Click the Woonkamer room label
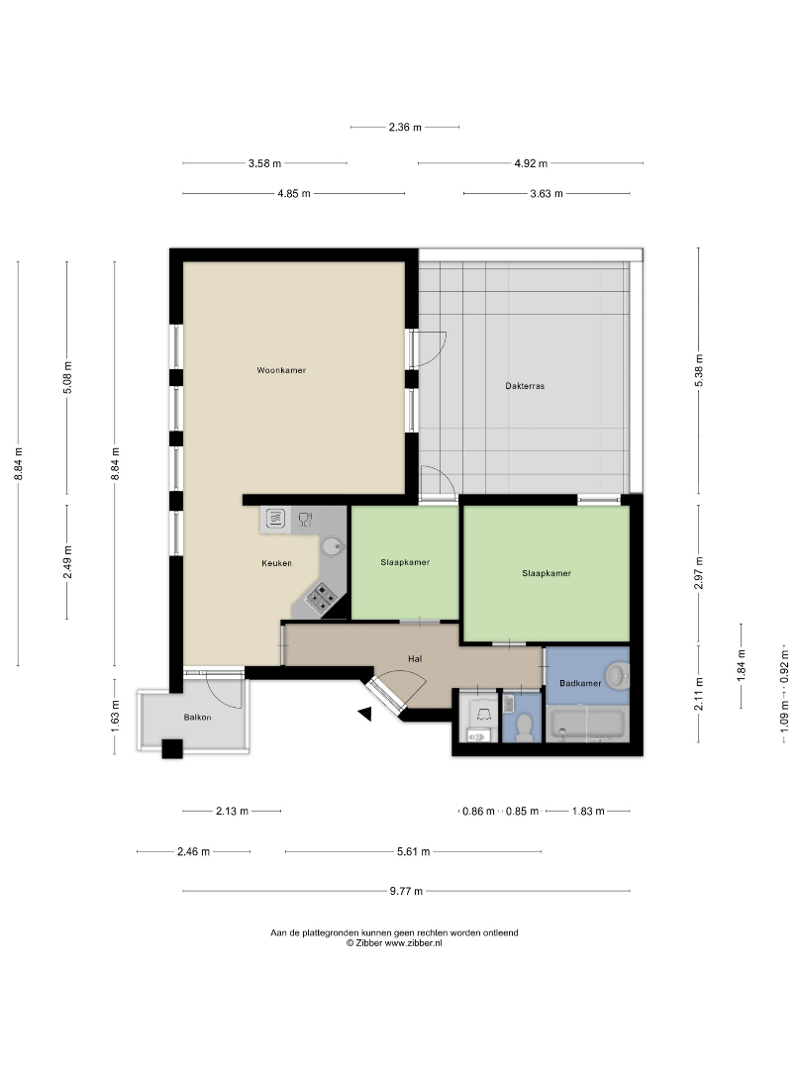[x=281, y=370]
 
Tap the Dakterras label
[x=525, y=386]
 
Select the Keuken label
[x=276, y=563]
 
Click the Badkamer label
[x=580, y=683]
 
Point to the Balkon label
[x=197, y=718]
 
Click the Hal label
[x=415, y=658]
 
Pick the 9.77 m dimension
[x=406, y=891]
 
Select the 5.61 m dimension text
[x=413, y=851]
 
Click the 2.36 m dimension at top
[x=405, y=127]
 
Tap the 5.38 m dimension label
[x=698, y=371]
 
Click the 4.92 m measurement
[x=531, y=163]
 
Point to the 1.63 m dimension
[x=115, y=713]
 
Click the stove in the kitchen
[x=321, y=598]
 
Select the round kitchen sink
[x=333, y=546]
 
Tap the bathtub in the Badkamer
[x=586, y=725]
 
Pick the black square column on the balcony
[x=172, y=748]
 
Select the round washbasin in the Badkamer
[x=618, y=676]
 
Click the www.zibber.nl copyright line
[x=394, y=943]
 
